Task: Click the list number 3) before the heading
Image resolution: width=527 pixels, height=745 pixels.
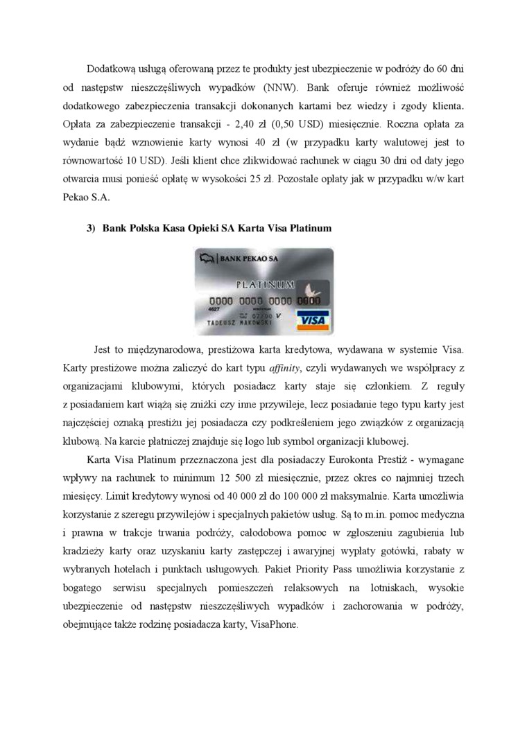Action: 90,229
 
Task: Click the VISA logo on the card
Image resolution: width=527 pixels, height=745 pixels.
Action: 313,319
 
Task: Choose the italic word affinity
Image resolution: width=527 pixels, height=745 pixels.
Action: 251,367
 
